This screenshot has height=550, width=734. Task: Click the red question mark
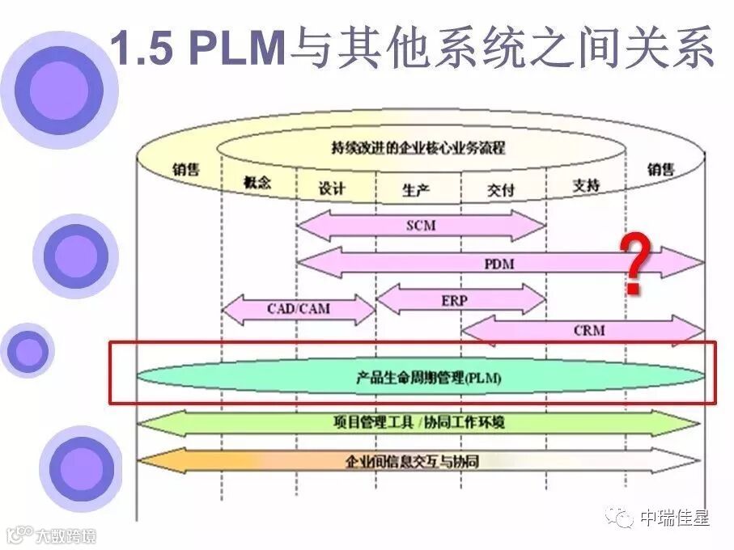[x=638, y=263]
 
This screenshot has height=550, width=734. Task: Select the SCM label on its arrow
[x=421, y=225]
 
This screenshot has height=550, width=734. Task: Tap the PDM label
[x=499, y=263]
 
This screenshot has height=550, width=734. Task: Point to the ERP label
[x=455, y=300]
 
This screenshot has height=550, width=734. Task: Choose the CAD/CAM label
[x=299, y=309]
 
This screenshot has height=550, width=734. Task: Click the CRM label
[x=589, y=330]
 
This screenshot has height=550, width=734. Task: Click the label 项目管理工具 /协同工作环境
[x=420, y=422]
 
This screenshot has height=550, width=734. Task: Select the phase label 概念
[x=257, y=184]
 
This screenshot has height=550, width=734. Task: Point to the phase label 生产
[x=416, y=190]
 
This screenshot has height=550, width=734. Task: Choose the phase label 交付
[x=500, y=190]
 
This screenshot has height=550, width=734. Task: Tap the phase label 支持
[x=586, y=185]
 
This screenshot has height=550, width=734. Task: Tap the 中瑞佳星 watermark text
[x=674, y=518]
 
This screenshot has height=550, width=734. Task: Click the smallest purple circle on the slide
[x=28, y=350]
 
